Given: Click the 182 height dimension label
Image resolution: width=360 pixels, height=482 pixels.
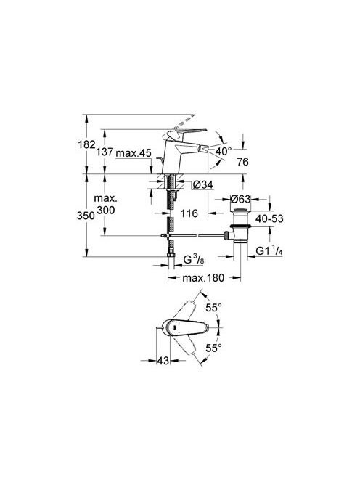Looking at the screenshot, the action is [87, 144].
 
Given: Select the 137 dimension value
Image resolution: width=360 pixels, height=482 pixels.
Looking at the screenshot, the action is [105, 152].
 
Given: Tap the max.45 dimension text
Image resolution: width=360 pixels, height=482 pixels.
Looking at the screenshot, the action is [134, 152].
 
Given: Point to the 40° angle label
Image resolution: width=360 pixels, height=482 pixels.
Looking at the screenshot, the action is [224, 151].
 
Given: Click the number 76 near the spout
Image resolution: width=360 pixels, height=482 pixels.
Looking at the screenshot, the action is [242, 162].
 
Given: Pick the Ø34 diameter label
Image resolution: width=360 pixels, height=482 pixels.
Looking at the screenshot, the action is [202, 185].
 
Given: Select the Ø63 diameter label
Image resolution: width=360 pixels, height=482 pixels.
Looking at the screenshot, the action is [240, 199].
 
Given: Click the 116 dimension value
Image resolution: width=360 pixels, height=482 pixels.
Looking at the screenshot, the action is [189, 213].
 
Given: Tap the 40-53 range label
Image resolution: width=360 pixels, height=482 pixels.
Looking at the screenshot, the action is [269, 218].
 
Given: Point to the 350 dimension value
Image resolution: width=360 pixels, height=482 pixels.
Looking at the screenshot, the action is [86, 216].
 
